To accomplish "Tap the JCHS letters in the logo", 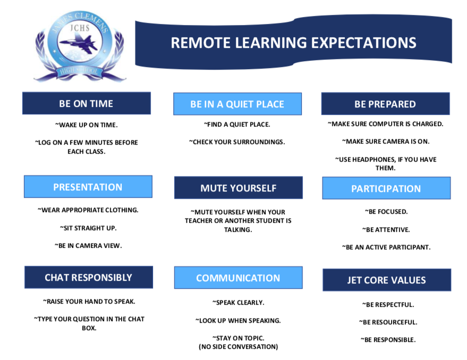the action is pos(80,28).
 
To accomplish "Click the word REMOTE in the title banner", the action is pos(200,43).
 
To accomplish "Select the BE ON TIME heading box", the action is pos(87,103).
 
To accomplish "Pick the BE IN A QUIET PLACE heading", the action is pos(237,104).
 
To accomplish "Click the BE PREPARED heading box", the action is pos(385,104).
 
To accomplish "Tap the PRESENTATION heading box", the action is pos(88,187).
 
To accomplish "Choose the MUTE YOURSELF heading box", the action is pos(238,188).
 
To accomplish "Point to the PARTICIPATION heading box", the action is pos(386,188).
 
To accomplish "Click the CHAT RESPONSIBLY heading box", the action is pos(88,277).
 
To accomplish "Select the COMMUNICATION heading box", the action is pos(238,278).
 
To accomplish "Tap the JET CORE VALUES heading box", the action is pos(387,280).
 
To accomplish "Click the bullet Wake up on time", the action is pos(87,125).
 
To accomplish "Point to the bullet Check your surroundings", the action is pos(237,142).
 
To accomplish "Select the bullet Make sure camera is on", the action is pos(386,141).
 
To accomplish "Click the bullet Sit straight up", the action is pos(88,228).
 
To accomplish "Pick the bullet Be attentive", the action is pos(386,230).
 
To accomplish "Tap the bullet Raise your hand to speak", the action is pos(89,302).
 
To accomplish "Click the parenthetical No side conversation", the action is pos(238,347).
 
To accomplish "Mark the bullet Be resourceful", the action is pos(388,322).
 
